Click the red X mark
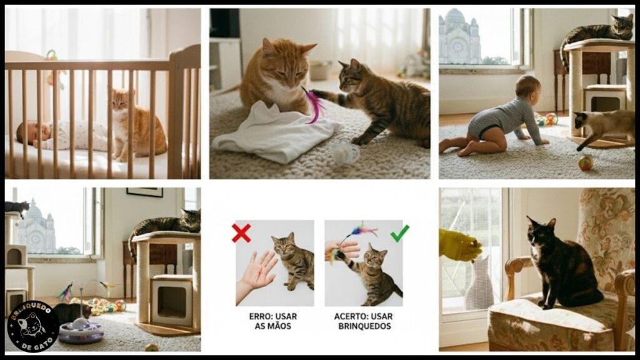[x=241, y=233]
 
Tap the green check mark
[x=400, y=233]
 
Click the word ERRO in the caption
[x=259, y=316]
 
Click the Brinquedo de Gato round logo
[x=32, y=326]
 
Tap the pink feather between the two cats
[x=314, y=104]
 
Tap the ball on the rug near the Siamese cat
[x=586, y=162]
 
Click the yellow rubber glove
[x=459, y=244]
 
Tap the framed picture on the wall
[x=144, y=192]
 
